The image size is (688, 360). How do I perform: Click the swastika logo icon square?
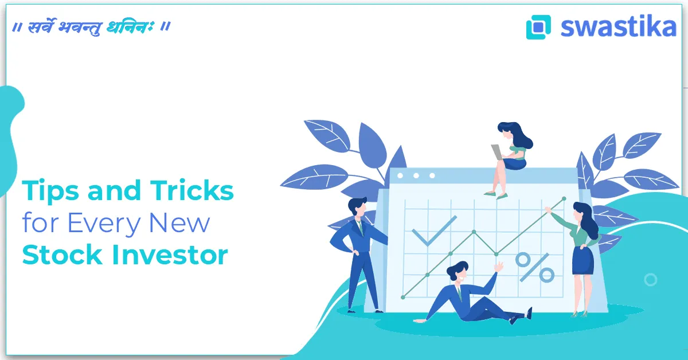[538, 27]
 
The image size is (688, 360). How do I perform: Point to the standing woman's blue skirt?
[583, 261]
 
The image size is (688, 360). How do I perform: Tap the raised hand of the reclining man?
[499, 267]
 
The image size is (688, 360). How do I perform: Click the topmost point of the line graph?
[564, 199]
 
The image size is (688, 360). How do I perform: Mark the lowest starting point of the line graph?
[403, 297]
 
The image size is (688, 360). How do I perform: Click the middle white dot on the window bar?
[416, 175]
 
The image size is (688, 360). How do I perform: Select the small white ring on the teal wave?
[650, 280]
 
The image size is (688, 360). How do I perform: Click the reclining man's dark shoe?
[529, 314]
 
